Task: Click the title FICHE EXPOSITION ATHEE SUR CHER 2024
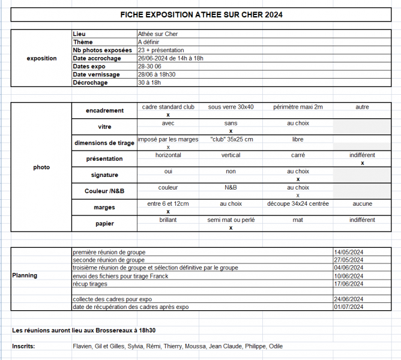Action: pyautogui.click(x=201, y=14)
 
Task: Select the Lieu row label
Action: pyautogui.click(x=79, y=34)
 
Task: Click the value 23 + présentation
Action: pyautogui.click(x=161, y=50)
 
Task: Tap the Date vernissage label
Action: pyautogui.click(x=96, y=74)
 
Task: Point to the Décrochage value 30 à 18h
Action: pyautogui.click(x=149, y=83)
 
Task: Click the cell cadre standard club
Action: pyautogui.click(x=168, y=107)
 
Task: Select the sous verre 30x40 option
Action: pyautogui.click(x=231, y=107)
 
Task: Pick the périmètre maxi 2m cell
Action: pyautogui.click(x=298, y=107)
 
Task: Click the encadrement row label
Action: pyautogui.click(x=104, y=111)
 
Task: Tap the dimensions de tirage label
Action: pyautogui.click(x=104, y=143)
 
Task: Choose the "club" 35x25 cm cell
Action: pyautogui.click(x=231, y=139)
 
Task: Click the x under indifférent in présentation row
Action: pyautogui.click(x=362, y=163)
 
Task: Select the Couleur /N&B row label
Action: pyautogui.click(x=104, y=191)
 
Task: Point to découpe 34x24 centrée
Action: pyautogui.click(x=298, y=204)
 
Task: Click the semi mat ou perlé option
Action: pyautogui.click(x=231, y=220)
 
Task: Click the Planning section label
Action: pyautogui.click(x=25, y=275)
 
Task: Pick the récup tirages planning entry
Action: pyautogui.click(x=90, y=283)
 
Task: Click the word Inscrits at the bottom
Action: pyautogui.click(x=23, y=346)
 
